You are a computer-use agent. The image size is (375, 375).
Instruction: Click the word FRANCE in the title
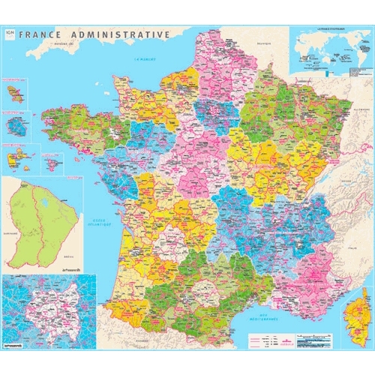41,34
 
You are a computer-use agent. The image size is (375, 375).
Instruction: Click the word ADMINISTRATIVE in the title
121,34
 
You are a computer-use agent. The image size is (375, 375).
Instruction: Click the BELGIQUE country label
262,43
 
